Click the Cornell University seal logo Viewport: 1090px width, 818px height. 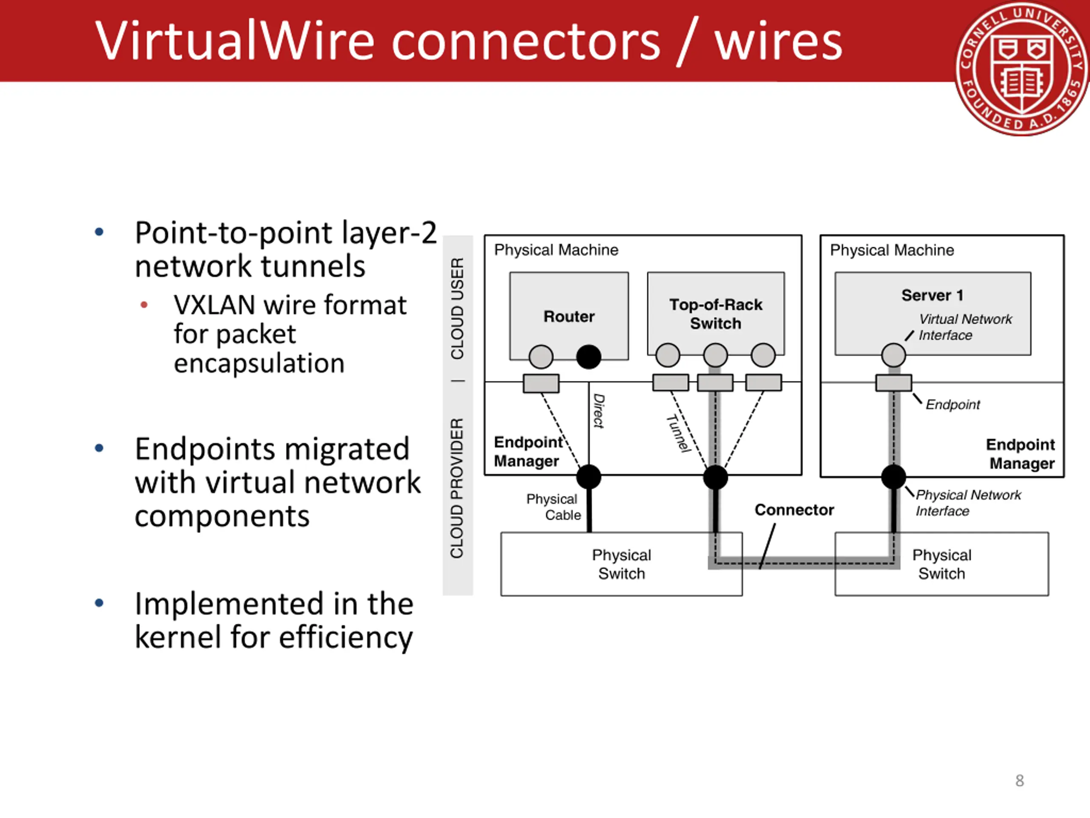[1022, 69]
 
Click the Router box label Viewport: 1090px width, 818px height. [569, 317]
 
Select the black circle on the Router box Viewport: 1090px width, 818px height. [589, 357]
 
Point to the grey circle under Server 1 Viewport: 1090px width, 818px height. [893, 355]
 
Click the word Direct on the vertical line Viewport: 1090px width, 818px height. [599, 411]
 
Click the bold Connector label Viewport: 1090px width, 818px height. [795, 510]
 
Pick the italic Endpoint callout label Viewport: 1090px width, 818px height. [952, 405]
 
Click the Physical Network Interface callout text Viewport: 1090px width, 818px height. [968, 503]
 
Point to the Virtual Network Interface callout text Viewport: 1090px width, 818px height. [965, 327]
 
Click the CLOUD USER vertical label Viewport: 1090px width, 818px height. [457, 308]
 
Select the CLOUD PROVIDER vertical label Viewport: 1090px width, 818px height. [457, 488]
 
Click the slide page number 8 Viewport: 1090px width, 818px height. [1020, 781]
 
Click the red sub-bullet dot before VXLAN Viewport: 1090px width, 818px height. [144, 305]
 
